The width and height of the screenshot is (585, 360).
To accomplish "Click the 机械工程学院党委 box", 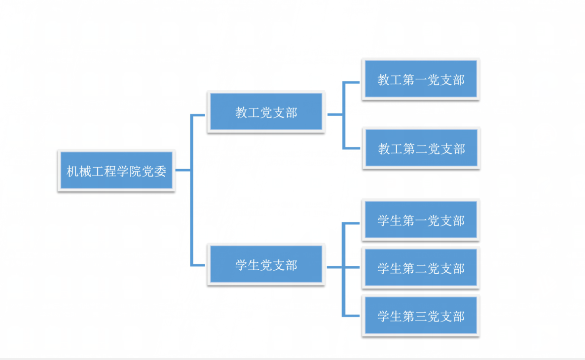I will click(x=116, y=171).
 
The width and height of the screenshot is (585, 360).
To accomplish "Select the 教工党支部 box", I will click(x=266, y=112).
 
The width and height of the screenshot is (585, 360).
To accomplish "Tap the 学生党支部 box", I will click(x=266, y=265).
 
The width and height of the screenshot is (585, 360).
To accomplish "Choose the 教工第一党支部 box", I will click(x=421, y=80).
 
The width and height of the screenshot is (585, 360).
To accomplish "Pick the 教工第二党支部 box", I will click(x=421, y=148).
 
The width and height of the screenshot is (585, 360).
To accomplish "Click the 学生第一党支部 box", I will click(x=421, y=220).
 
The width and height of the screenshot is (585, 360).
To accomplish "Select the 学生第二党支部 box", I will click(x=421, y=268).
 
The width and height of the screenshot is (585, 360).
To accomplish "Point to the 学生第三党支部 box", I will click(x=421, y=316).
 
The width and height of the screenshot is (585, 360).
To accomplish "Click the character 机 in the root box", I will click(x=73, y=171).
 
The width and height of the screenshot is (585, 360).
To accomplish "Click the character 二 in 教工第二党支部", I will click(x=421, y=149).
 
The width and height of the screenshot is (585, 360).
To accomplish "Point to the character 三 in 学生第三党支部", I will click(x=421, y=316).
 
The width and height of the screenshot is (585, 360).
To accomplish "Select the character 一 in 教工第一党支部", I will click(x=421, y=80).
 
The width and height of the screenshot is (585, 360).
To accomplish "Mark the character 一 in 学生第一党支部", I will click(x=421, y=220).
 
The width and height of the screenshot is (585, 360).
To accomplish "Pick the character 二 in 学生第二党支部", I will click(x=421, y=269).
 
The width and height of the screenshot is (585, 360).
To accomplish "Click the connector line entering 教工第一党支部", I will click(x=352, y=82).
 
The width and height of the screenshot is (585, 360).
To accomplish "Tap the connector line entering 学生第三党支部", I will click(x=352, y=316).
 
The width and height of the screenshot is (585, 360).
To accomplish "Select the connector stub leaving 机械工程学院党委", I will click(x=183, y=171).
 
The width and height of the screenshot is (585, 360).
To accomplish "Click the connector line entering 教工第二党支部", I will click(x=352, y=148).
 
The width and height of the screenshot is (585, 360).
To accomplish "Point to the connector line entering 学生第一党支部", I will click(x=352, y=223).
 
